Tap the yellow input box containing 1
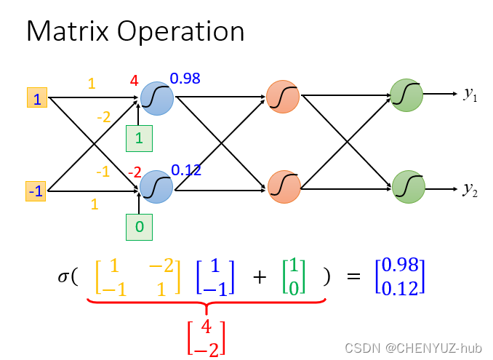click(37, 97)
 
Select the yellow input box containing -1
click(36, 191)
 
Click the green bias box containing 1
click(139, 138)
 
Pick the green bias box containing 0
click(139, 227)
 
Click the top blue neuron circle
click(157, 97)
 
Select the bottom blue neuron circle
click(157, 187)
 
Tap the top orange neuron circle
click(282, 96)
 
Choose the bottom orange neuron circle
click(282, 185)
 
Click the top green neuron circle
click(406, 95)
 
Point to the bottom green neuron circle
click(406, 186)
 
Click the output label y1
click(470, 94)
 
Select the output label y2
click(470, 190)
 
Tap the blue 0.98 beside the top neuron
click(185, 79)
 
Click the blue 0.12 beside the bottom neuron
click(185, 170)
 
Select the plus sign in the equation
click(260, 277)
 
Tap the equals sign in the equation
click(353, 277)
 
